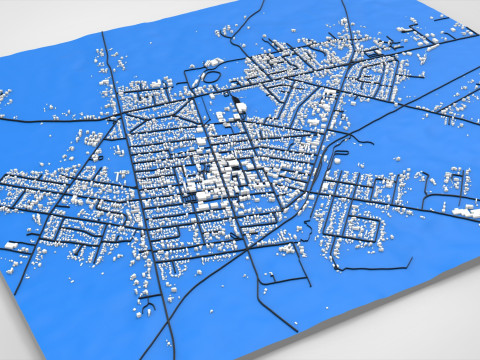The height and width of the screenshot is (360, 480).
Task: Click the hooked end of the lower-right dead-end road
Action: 409,262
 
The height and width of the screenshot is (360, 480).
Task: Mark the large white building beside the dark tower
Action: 221,120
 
